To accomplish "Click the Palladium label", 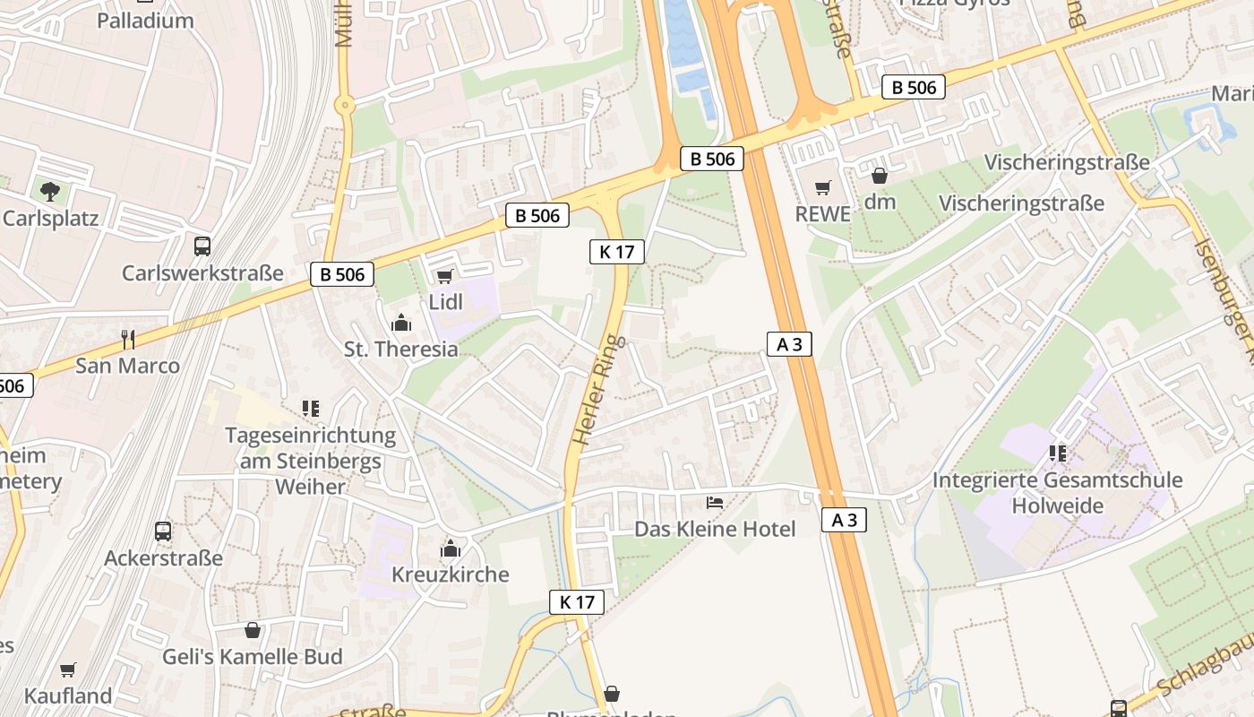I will [x=145, y=20].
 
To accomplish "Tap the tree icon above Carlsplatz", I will [x=50, y=191].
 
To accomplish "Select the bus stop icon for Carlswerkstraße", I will [x=202, y=246].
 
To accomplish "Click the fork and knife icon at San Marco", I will [x=128, y=339].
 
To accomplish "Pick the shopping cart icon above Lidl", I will [x=445, y=276].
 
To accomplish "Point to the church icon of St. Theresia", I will [x=401, y=323].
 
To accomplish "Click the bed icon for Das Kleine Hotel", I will [x=715, y=503].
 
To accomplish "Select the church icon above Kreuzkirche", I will [x=451, y=549].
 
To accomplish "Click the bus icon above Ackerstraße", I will [x=163, y=531].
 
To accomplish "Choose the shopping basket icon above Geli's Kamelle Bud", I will [x=253, y=630].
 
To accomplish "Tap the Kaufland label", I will [x=68, y=695].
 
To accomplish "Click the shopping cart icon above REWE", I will [x=822, y=188].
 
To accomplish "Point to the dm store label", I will [x=880, y=202].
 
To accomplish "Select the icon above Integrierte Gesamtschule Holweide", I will [x=1058, y=454].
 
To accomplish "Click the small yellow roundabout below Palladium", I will [x=344, y=106].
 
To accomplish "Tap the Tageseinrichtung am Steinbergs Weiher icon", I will [x=311, y=410].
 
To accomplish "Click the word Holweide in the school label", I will [x=1057, y=505].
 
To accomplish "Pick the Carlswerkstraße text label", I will [x=202, y=273].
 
